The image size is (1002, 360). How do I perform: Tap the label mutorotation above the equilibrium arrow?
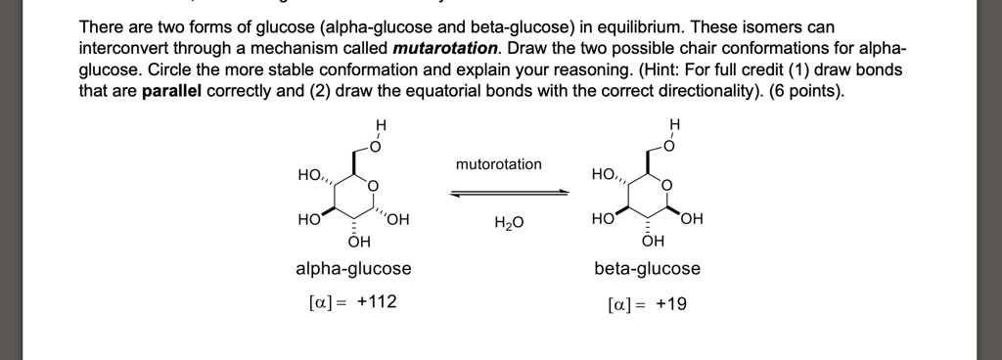click(498, 163)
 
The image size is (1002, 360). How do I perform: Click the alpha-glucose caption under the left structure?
click(353, 268)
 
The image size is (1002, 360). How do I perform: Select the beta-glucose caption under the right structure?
click(647, 268)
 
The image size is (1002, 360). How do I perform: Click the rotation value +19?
click(670, 304)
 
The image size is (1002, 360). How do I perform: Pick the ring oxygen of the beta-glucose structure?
click(667, 185)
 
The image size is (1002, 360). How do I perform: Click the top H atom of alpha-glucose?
click(382, 124)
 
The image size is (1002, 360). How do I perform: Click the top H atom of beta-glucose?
click(675, 124)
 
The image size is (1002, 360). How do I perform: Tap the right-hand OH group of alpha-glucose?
click(398, 218)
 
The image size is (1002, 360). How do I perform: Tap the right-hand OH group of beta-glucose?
click(692, 218)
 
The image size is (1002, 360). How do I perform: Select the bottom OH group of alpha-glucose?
click(358, 241)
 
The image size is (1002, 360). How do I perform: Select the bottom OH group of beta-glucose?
click(653, 241)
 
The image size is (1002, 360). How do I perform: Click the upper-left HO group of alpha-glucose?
click(310, 175)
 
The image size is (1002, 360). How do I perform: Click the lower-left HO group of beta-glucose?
click(603, 218)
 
